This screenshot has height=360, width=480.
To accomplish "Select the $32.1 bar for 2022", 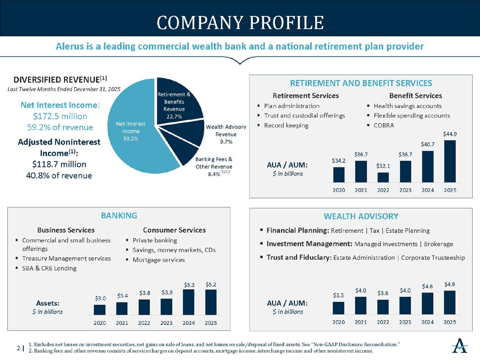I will pos(383,177).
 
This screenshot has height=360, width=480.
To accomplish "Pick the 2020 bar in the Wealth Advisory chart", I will pos(338,308).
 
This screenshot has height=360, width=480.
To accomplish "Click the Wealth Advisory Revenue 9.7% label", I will pos(226,134).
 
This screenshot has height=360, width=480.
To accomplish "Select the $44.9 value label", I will pos(450,133).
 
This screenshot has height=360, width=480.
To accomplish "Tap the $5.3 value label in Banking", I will pos(188,284).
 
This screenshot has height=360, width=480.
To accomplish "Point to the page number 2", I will pos(19,348).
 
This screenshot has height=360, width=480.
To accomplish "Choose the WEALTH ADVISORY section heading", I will pos(361,216).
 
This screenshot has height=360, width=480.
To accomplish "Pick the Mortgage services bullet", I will pos(158,260).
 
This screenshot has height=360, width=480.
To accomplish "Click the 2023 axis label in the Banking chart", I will pos(166,323).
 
